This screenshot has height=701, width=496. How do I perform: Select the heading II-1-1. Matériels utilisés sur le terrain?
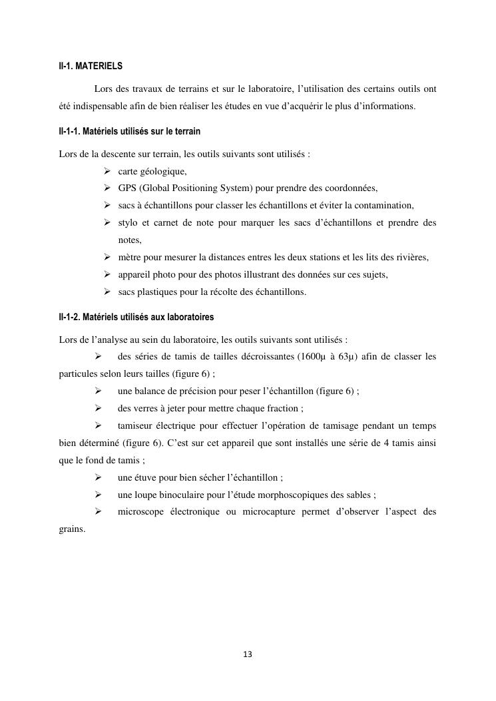tap(129, 131)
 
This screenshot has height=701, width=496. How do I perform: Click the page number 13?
tap(248, 654)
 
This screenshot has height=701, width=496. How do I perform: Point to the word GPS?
tap(127, 188)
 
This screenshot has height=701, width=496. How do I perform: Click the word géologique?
tap(163, 172)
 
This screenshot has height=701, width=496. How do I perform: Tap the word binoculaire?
tap(180, 495)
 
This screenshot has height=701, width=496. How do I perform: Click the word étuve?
tap(147, 477)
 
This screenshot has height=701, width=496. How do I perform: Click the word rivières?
tap(410, 257)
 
